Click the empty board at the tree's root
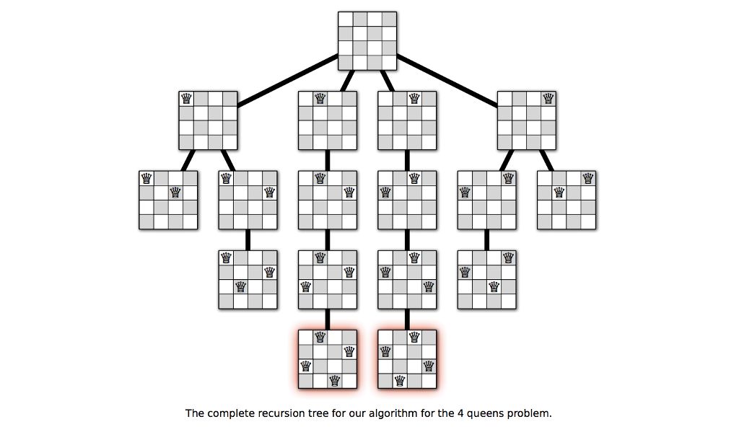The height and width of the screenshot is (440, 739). pyautogui.click(x=367, y=41)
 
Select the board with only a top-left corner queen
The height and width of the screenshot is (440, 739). pyautogui.click(x=209, y=120)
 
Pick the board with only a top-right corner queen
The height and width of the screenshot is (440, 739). pyautogui.click(x=527, y=120)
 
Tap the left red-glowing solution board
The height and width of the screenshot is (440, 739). pyautogui.click(x=328, y=359)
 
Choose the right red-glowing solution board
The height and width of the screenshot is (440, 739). pyautogui.click(x=407, y=359)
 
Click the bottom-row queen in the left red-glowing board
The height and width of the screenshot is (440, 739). pyautogui.click(x=335, y=381)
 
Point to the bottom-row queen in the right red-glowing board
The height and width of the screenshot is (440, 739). pyautogui.click(x=400, y=381)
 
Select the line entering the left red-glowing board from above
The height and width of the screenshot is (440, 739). pyautogui.click(x=328, y=319)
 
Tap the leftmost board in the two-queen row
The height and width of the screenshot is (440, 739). pyautogui.click(x=168, y=200)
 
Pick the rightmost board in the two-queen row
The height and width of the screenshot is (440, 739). pyautogui.click(x=567, y=200)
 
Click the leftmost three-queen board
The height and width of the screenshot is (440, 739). pyautogui.click(x=248, y=279)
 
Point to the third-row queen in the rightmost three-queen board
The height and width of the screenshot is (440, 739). pyautogui.click(x=494, y=286)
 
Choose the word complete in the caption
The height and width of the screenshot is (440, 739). pyautogui.click(x=229, y=414)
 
